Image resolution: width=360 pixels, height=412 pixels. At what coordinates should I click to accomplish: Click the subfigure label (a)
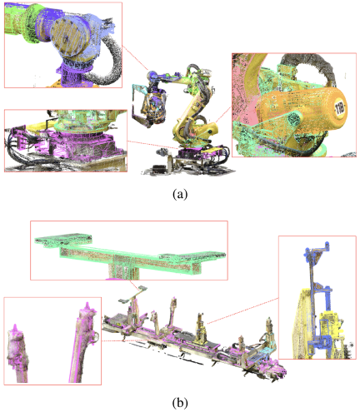pyautogui.click(x=180, y=194)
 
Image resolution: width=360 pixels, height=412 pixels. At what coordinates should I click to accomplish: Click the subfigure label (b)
pyautogui.click(x=180, y=402)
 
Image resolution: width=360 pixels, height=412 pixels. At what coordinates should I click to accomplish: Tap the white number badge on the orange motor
pyautogui.click(x=340, y=108)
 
